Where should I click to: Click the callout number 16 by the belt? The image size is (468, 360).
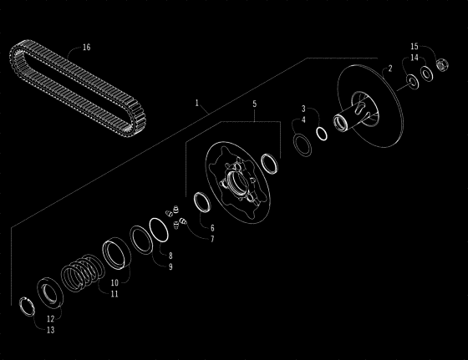click(86, 48)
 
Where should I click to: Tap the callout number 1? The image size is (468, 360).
click(196, 103)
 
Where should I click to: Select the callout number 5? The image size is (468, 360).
click(254, 104)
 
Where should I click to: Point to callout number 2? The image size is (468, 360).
click(390, 68)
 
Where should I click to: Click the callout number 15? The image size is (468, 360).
click(415, 47)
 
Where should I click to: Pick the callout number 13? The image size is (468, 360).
click(51, 330)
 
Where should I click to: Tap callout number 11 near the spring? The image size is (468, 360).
click(114, 294)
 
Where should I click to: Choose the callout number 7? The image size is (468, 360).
click(212, 239)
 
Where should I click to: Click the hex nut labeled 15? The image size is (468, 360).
click(443, 64)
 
